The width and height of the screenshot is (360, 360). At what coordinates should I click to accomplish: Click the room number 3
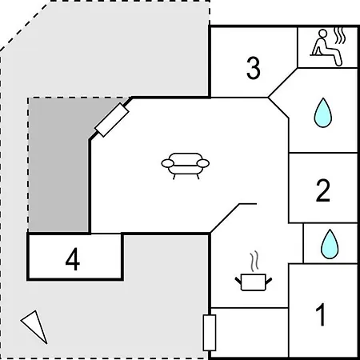pos(253,68)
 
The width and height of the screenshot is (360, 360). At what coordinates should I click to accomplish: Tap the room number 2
pos(323,190)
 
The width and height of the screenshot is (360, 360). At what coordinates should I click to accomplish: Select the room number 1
pos(321,314)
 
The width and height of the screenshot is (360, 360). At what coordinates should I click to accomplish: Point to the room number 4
pos(73,259)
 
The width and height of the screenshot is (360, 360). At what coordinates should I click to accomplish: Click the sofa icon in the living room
pos(186,166)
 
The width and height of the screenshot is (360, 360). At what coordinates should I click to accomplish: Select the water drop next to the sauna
pos(323,113)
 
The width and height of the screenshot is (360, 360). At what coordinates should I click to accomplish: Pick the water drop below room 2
pos(330,244)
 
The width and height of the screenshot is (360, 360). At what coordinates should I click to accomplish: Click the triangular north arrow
pos(35,325)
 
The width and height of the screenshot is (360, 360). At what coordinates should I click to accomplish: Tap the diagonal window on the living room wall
pos(112,120)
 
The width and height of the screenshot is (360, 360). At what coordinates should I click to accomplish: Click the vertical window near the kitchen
pos(210,333)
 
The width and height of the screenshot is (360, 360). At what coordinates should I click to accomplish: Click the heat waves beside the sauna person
pos(340,36)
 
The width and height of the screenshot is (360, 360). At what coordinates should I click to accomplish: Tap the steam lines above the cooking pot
pos(254,261)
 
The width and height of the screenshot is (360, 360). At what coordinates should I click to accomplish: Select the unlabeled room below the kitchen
pos(250,332)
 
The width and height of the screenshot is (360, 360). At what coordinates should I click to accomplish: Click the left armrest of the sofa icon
pos(168,163)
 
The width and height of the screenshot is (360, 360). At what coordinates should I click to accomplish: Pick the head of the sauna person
pos(323,33)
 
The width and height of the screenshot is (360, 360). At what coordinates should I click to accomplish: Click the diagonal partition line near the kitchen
pos(225,218)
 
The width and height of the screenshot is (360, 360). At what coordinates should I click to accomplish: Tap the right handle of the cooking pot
pos(269,281)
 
